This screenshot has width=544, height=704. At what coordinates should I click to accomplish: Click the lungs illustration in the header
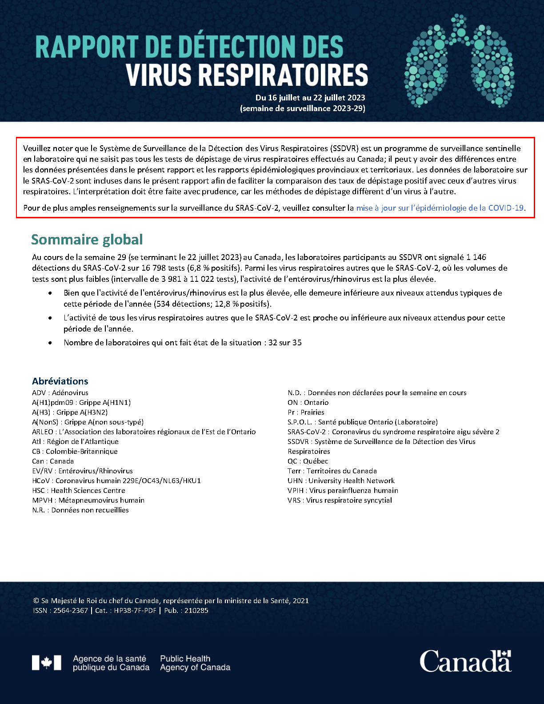coord(459,60)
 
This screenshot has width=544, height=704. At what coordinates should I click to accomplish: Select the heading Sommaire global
coord(87,240)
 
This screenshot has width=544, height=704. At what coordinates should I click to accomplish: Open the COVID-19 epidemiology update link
coord(440,208)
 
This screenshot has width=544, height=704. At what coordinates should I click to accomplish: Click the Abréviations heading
coord(60,381)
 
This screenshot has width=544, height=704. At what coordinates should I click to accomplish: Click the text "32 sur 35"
coord(285,343)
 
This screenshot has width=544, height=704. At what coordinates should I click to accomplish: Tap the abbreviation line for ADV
coord(60,393)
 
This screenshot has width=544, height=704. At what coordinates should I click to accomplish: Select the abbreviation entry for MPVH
coord(88,500)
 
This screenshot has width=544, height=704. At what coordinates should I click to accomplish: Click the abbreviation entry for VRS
coord(340,500)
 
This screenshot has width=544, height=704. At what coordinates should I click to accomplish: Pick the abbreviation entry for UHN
coord(341,481)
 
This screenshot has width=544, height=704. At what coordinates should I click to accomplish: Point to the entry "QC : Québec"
coord(308,461)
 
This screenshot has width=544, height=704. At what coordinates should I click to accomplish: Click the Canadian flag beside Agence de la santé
coord(46,663)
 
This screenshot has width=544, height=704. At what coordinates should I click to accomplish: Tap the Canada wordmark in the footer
coord(465,661)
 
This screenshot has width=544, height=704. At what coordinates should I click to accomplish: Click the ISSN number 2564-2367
coord(71,611)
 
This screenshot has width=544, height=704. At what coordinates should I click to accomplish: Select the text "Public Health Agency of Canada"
coord(195,663)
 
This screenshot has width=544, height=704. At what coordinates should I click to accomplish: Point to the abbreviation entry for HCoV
coord(116,481)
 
